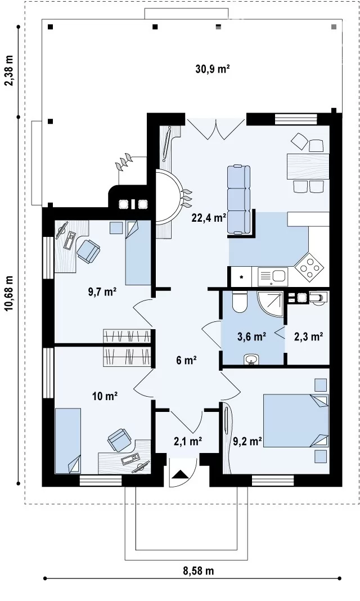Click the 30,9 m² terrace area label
(213, 69)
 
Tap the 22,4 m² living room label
(209, 218)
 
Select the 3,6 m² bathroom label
(251, 337)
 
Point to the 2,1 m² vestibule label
(188, 442)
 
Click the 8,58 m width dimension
(198, 571)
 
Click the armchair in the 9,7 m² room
(88, 251)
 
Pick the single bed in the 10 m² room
(68, 441)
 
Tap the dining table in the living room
(308, 166)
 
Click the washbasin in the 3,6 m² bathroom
(251, 360)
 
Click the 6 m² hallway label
(186, 360)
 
